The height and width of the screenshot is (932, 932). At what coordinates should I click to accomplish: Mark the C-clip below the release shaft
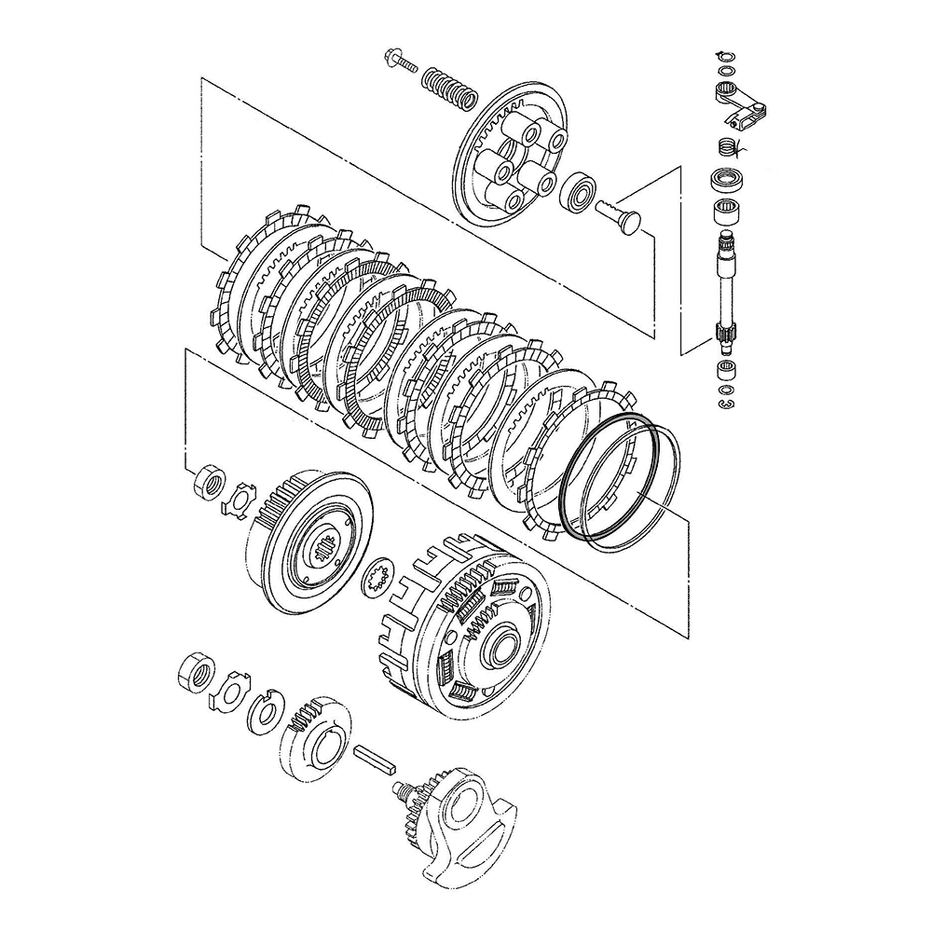click(725, 403)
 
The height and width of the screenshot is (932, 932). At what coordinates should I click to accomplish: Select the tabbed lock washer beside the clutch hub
click(240, 500)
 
